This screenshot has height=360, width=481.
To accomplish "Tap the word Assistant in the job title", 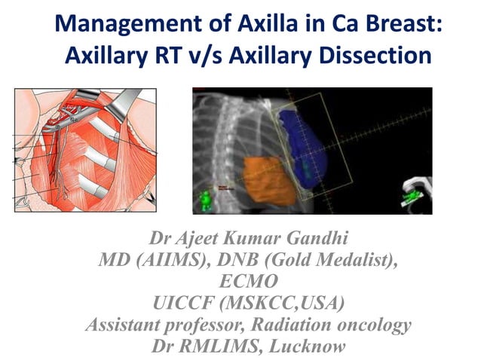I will click(121, 325).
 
